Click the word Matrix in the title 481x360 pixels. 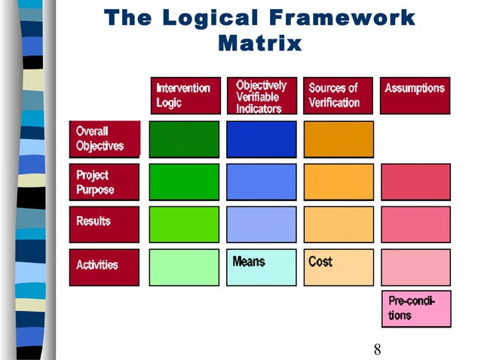259,44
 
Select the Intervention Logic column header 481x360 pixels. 185,96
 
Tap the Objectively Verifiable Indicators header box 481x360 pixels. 262,96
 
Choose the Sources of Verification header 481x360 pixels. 339,96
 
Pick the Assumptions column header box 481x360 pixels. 415,96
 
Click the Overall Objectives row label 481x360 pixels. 105,139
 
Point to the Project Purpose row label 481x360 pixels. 105,182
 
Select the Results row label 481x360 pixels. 105,224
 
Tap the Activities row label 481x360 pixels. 105,267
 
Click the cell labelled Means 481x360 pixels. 262,267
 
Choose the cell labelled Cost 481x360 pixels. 339,267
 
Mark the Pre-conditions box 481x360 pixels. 415,309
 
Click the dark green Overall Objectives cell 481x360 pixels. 185,139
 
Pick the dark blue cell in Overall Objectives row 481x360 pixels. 262,139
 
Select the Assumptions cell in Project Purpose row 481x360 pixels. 415,182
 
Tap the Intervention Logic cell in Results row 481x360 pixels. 185,224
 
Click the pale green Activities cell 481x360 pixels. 185,267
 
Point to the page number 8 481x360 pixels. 377,349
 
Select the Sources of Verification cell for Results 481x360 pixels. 339,224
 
